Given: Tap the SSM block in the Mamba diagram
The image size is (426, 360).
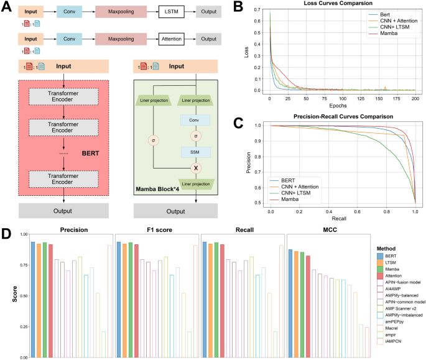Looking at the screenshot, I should [x=195, y=152].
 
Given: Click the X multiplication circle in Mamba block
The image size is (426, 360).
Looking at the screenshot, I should [x=195, y=168].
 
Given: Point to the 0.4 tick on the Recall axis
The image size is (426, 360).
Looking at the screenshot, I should [x=330, y=212].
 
